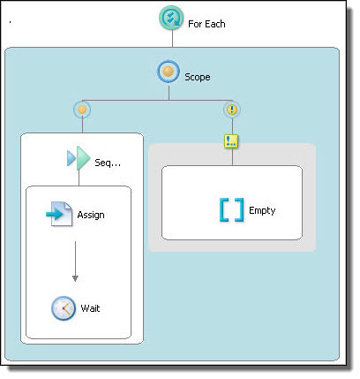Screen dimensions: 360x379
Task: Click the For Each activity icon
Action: pyautogui.click(x=171, y=18)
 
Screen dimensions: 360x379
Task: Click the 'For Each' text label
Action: pyautogui.click(x=206, y=24)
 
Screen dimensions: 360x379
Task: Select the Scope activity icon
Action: pyautogui.click(x=168, y=72)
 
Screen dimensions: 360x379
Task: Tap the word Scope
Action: pyautogui.click(x=198, y=77)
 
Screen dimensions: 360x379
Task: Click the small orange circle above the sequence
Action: pyautogui.click(x=82, y=110)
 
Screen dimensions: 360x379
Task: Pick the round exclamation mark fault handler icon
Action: pyautogui.click(x=232, y=110)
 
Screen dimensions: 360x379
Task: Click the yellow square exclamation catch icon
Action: pyautogui.click(x=231, y=141)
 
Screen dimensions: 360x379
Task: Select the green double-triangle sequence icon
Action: pyautogui.click(x=79, y=158)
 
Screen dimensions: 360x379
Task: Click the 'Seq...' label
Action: pyautogui.click(x=108, y=163)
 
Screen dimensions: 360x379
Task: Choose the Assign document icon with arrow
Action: pyautogui.click(x=59, y=214)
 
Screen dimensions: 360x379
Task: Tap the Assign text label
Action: pyautogui.click(x=91, y=215)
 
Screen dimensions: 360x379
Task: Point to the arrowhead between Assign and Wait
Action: pyautogui.click(x=75, y=278)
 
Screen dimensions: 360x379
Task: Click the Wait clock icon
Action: pyautogui.click(x=64, y=308)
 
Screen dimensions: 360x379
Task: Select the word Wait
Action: pyautogui.click(x=90, y=308)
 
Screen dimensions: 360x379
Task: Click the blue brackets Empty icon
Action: pyautogui.click(x=232, y=209)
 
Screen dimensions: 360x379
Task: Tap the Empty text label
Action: pyautogui.click(x=262, y=210)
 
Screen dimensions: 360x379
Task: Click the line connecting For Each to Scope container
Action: pyautogui.click(x=172, y=39)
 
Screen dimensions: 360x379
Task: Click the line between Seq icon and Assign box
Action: pyautogui.click(x=79, y=178)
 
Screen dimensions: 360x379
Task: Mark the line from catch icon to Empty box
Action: pyautogui.click(x=232, y=156)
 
